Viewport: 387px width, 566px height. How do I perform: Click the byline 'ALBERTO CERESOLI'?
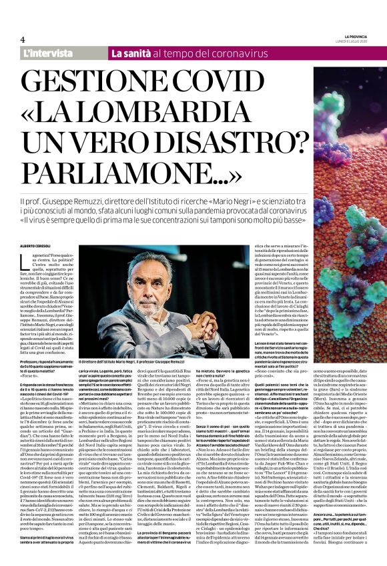[41, 247]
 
